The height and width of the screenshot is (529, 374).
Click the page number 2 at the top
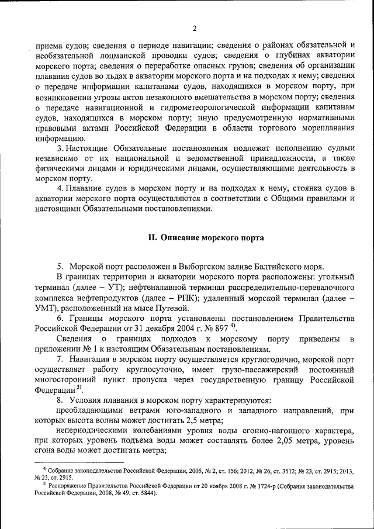(x=195, y=28)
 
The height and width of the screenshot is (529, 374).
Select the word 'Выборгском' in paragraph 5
(x=201, y=266)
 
